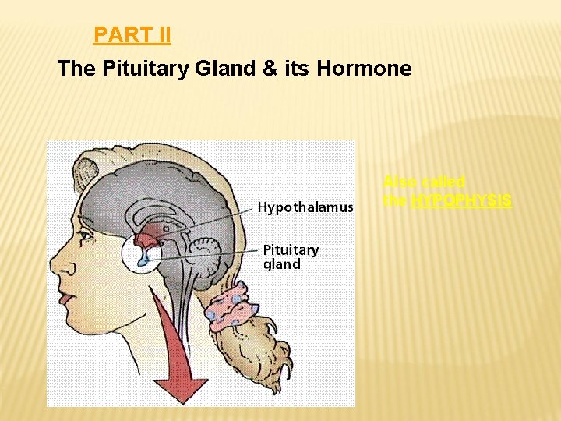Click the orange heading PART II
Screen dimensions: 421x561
[x=132, y=35]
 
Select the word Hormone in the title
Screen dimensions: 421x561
[x=364, y=69]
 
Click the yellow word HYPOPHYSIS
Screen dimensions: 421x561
[x=461, y=200]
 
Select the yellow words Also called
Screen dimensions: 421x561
[x=424, y=182]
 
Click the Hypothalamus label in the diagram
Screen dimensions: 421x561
[x=305, y=207]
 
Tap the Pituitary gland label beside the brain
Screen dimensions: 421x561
[x=290, y=256]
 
